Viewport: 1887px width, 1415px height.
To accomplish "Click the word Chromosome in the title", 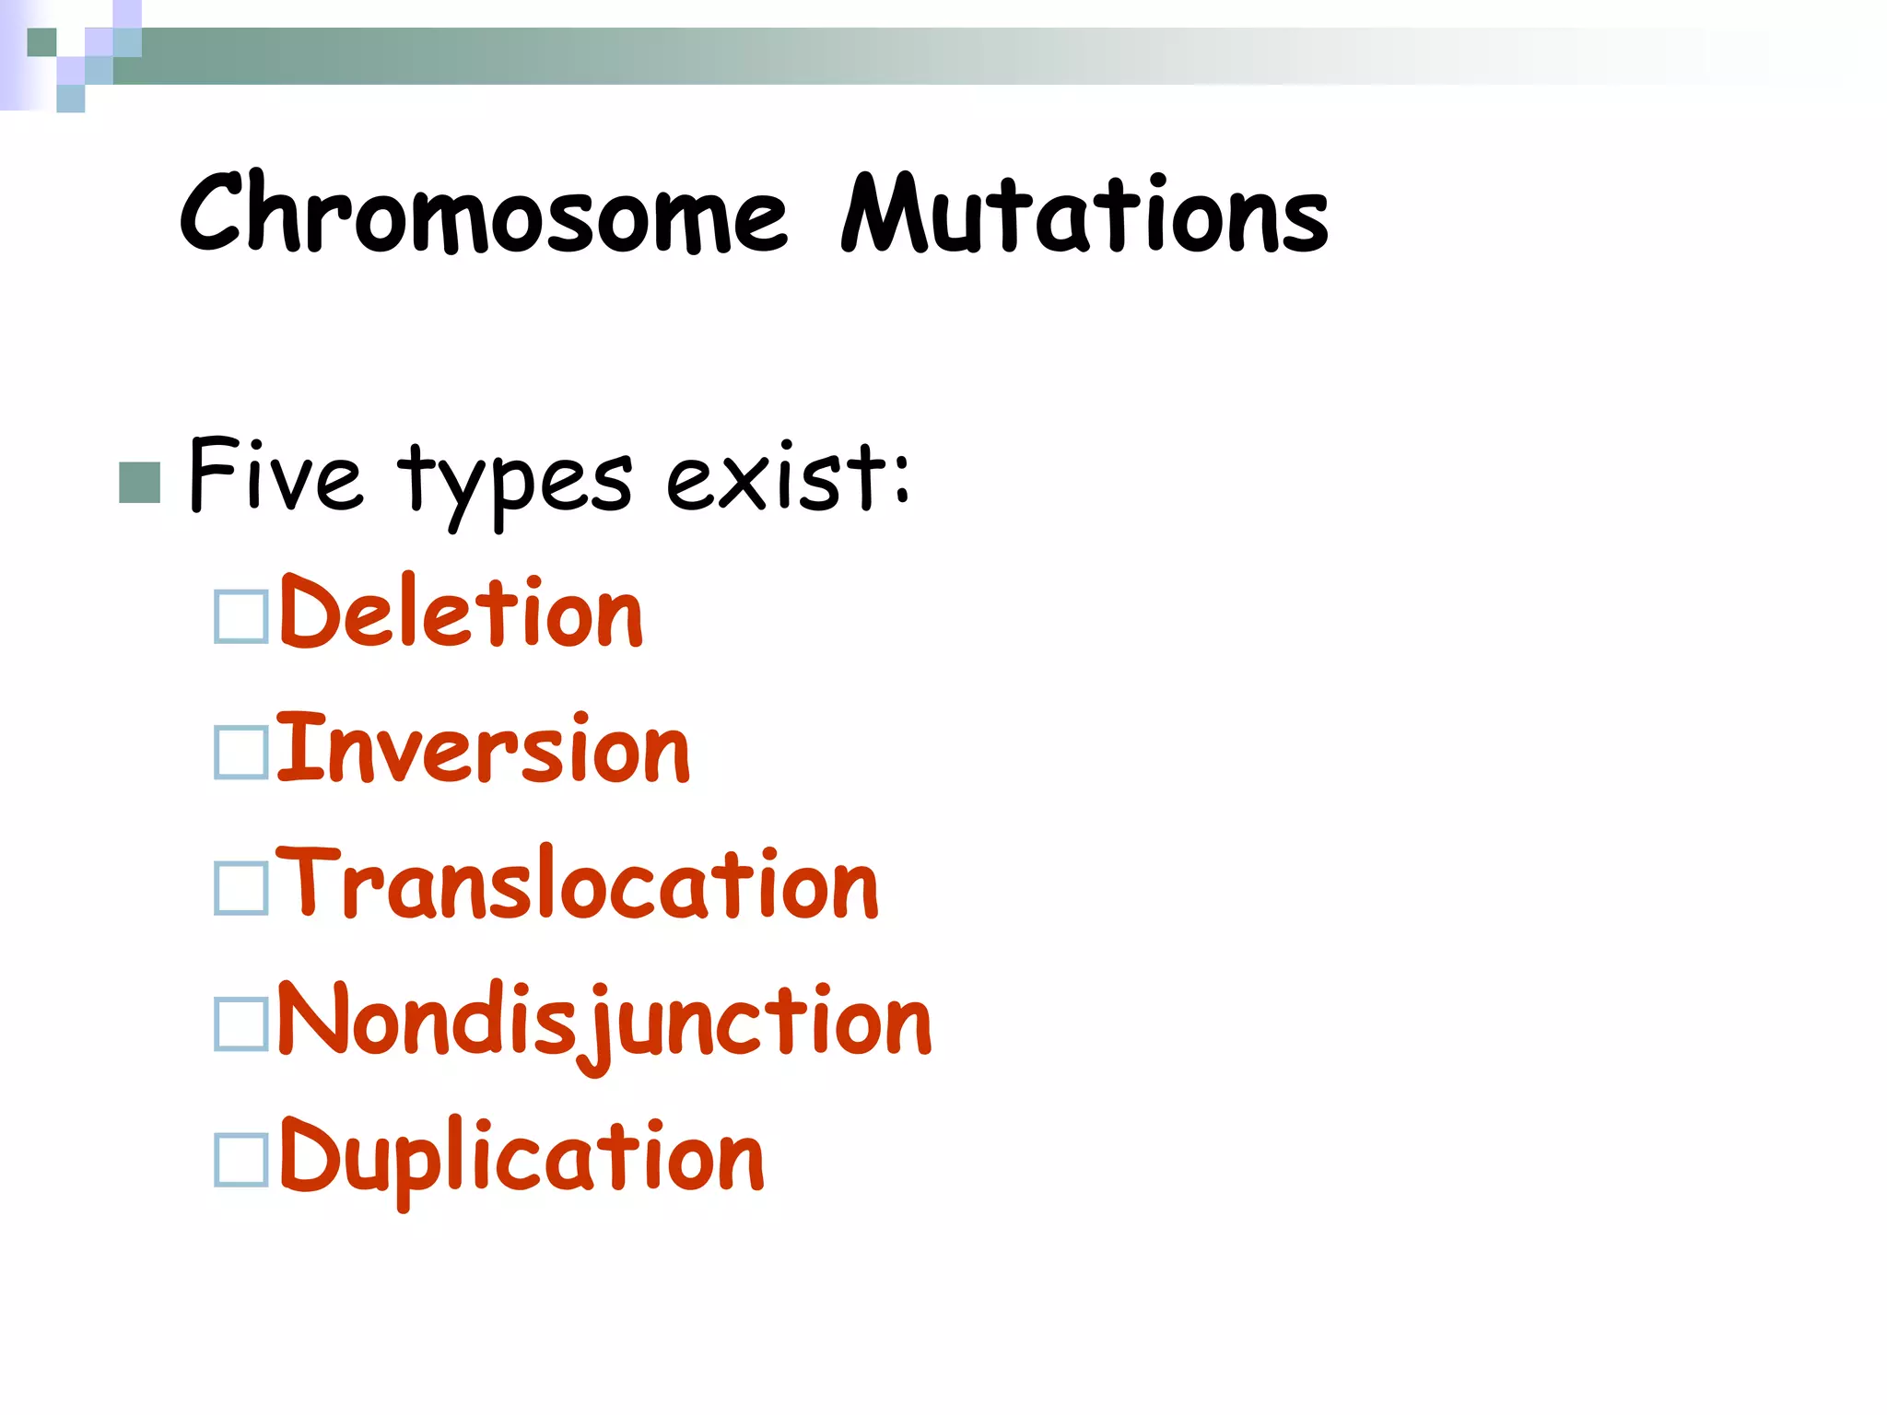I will (484, 214).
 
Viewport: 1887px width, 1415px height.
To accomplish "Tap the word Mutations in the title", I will (1085, 214).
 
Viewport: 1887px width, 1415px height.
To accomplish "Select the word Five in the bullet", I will (275, 476).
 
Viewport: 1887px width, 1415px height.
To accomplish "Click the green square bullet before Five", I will (140, 483).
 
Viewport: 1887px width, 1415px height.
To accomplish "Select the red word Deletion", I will (461, 613).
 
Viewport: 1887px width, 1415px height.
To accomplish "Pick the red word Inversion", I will (483, 749).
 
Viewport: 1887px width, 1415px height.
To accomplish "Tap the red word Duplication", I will (522, 1157).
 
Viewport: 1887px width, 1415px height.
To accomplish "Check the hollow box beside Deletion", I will (241, 616).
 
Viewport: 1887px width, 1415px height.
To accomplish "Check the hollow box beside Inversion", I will (241, 753).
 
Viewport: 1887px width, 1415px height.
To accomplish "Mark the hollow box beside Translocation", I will (241, 888).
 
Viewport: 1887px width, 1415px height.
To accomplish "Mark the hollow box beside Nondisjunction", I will (241, 1024).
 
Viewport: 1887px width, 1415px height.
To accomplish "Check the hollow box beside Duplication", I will (241, 1160).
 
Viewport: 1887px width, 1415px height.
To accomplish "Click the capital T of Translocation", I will (308, 881).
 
